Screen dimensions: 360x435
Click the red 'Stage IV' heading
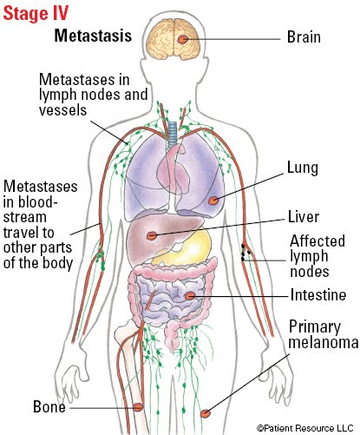point(36,13)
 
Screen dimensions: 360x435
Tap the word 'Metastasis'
point(93,36)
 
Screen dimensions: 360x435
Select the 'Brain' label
point(304,37)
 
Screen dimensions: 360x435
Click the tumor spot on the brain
point(183,39)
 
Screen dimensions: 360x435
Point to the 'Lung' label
point(303,168)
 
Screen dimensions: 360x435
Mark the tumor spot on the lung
point(213,201)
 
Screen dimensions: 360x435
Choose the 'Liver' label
point(304,217)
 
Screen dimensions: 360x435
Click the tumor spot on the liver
point(152,236)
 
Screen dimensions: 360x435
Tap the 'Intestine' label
point(318,295)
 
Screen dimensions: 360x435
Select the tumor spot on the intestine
point(190,295)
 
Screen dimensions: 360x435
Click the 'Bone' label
point(49,406)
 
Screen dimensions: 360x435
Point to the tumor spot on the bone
point(138,407)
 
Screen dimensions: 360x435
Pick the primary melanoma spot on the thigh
point(206,413)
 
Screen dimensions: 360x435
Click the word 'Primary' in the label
point(315,327)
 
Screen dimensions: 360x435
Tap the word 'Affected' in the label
point(317,241)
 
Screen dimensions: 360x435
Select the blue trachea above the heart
point(173,133)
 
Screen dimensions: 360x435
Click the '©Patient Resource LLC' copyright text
point(305,428)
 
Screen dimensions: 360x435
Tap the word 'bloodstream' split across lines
point(29,209)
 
